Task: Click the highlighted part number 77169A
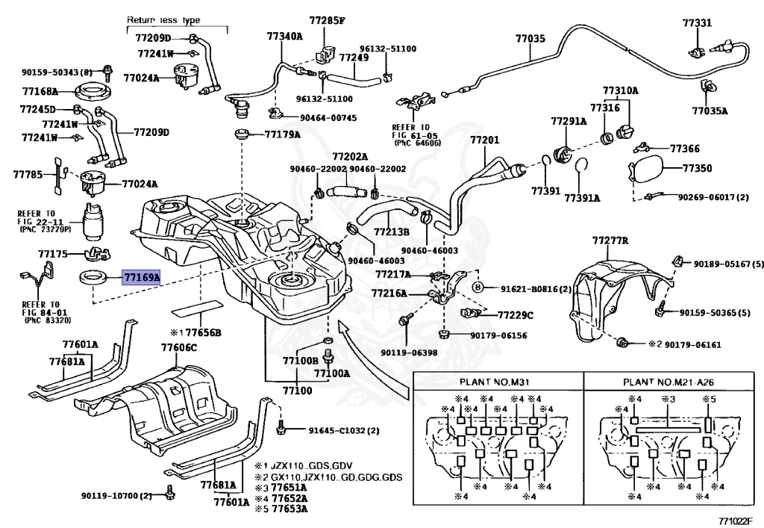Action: [142, 278]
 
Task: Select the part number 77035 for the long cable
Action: [530, 39]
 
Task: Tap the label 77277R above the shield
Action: [610, 240]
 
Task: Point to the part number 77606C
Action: [179, 347]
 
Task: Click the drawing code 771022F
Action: [738, 521]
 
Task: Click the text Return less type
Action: [163, 20]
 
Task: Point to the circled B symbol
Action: [478, 288]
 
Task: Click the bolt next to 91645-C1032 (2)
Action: [281, 429]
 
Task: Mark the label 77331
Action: [697, 22]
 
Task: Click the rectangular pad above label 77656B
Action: [197, 308]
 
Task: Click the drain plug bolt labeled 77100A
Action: [329, 357]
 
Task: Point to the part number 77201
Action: [485, 140]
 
